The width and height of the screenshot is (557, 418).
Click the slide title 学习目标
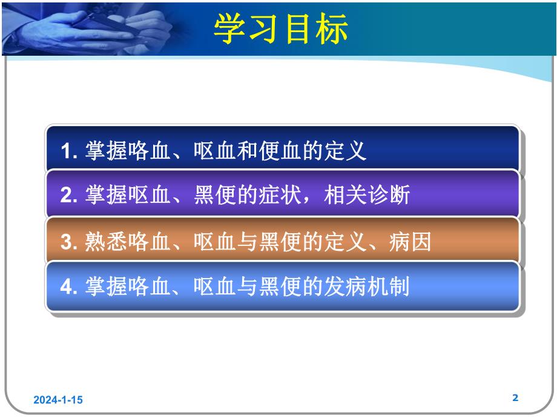(x=281, y=28)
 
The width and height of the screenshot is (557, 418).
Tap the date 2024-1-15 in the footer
(x=58, y=400)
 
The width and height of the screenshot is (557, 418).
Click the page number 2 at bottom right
(x=515, y=398)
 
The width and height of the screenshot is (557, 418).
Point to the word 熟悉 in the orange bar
(x=98, y=242)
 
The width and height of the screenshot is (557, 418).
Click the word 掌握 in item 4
(x=98, y=287)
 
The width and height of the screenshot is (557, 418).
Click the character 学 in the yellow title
(x=230, y=28)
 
